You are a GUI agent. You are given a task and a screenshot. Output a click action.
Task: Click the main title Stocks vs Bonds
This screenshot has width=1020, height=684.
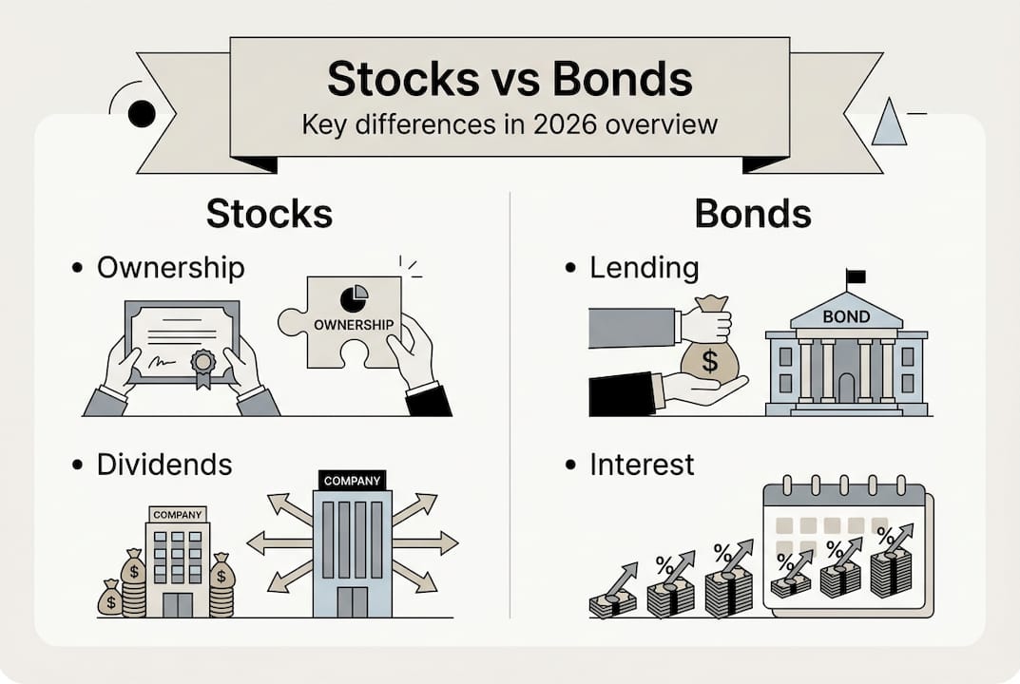510,80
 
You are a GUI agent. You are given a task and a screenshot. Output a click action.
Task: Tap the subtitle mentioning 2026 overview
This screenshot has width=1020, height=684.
510,124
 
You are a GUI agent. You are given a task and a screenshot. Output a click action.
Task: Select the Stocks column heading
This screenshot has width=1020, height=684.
269,214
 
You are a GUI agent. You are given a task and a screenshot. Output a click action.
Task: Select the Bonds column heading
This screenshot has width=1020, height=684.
753,214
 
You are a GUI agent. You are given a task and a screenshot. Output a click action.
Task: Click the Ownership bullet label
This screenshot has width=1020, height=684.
170,268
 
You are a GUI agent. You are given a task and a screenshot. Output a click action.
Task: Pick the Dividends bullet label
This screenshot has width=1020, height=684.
164,465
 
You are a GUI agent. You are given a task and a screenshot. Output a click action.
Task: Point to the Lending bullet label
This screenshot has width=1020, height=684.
644,268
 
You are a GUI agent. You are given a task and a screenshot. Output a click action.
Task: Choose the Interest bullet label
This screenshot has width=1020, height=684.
642,465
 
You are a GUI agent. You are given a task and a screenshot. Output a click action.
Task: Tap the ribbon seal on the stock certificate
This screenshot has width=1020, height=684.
202,364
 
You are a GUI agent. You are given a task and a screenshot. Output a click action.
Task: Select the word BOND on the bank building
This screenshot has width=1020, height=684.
845,315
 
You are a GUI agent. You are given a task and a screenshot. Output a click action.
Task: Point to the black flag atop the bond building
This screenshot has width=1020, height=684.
856,276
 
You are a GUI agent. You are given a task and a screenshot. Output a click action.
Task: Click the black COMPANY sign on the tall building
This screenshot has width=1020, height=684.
352,481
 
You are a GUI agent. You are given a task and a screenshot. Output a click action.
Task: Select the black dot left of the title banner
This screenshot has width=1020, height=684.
141,115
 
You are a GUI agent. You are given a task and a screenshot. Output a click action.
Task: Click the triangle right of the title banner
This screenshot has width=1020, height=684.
889,123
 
